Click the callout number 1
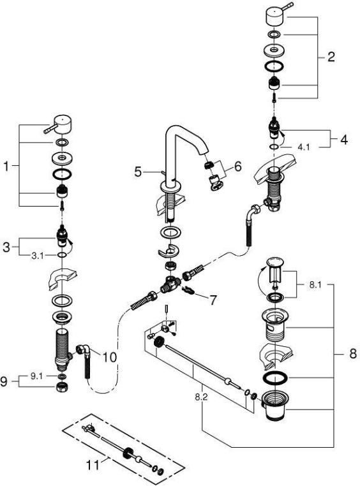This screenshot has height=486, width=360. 6,166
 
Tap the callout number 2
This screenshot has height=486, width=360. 331,57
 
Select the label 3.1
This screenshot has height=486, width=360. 38,256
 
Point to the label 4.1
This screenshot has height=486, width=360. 304,147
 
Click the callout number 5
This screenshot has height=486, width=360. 138,172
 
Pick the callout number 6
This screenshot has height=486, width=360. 238,166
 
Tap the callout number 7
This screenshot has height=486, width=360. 213,300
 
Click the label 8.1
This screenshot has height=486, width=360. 315,284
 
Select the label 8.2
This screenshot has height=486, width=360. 201,397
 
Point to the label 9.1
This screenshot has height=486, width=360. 36,376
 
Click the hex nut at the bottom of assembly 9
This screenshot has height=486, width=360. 63,387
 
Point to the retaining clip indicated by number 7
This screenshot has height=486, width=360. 189,290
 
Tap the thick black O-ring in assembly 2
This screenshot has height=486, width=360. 274,66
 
